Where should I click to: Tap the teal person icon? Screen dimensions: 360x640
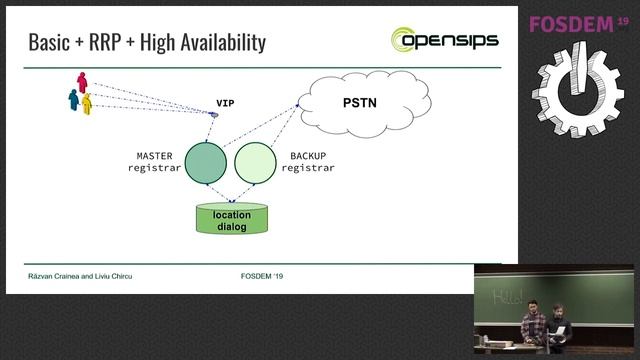point(73,98)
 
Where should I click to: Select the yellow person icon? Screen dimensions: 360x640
point(87,102)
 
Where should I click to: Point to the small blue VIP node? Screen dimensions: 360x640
point(213,114)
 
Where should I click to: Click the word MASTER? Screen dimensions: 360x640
point(155,157)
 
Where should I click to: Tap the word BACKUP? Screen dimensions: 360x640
point(308,157)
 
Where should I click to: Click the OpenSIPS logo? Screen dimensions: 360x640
point(444,41)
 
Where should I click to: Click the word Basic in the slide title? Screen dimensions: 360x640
point(50,42)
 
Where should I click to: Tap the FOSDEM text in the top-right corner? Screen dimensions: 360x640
point(570,23)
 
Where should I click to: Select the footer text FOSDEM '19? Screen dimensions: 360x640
point(262,275)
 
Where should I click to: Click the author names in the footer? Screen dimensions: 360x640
point(79,275)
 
